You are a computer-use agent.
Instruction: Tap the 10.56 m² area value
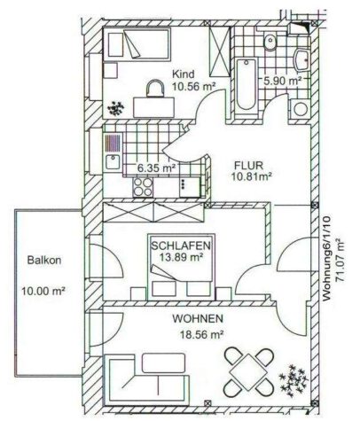click(192, 88)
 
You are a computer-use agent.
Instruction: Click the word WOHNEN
click(199, 317)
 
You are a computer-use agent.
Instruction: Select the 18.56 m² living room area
click(199, 334)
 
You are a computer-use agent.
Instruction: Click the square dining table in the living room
click(247, 368)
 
